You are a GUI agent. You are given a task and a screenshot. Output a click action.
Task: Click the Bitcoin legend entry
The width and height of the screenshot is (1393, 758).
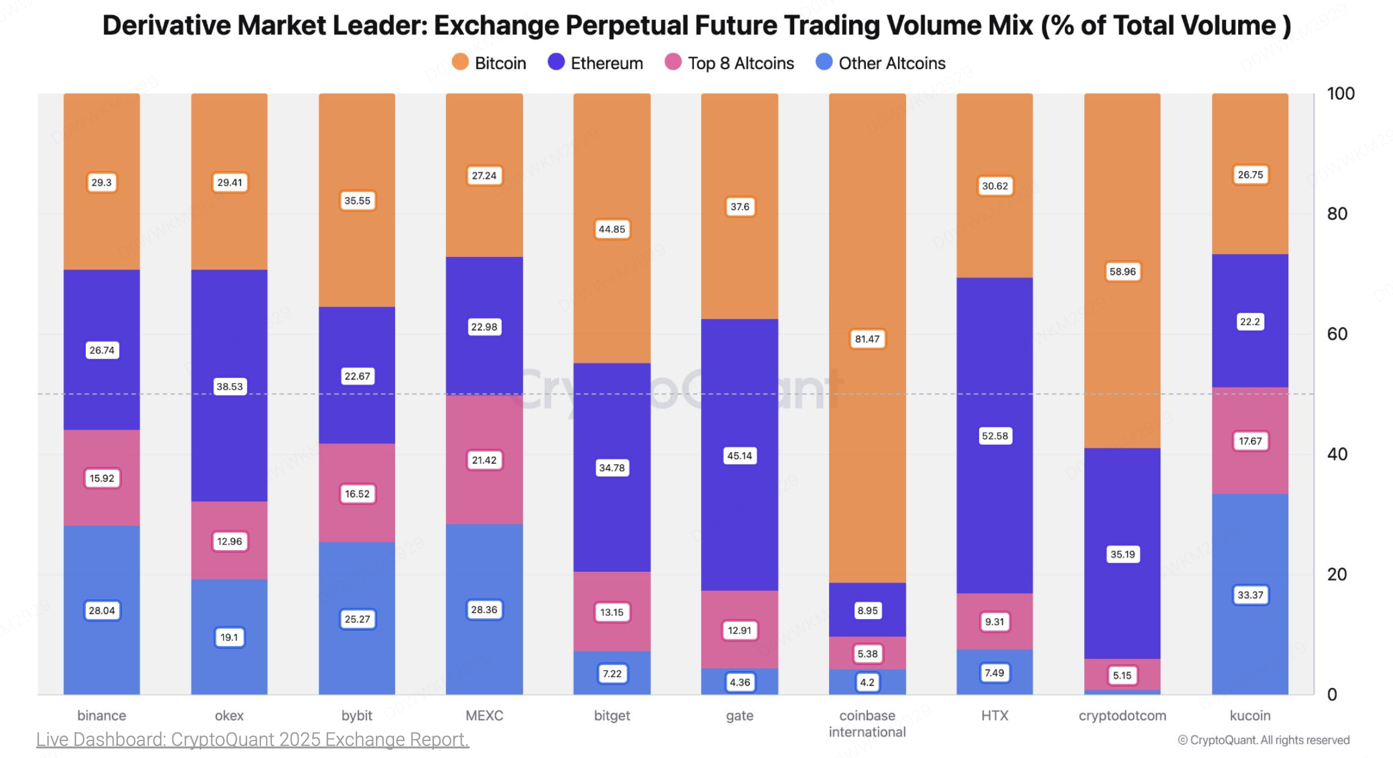coord(490,63)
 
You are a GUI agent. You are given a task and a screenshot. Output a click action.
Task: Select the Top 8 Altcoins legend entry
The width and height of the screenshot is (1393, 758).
coord(729,63)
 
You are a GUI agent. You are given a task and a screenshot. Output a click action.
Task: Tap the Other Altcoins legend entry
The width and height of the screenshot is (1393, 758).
coord(881,63)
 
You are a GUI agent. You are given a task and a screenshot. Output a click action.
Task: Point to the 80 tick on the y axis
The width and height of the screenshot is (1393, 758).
coord(1337,213)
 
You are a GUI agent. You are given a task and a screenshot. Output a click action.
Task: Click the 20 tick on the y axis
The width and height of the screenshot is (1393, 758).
coord(1337,574)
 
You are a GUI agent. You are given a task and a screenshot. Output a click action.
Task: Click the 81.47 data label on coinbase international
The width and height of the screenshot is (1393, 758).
coord(867,339)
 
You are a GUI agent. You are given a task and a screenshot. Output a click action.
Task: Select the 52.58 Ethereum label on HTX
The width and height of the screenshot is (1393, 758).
coord(995,436)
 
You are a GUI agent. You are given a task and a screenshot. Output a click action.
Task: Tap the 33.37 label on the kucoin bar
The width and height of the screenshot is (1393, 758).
coord(1250,595)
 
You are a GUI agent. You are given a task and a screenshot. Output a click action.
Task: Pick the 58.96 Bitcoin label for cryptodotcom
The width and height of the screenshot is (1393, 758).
coord(1122,271)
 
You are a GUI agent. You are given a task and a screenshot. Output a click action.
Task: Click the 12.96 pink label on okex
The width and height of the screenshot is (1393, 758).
coord(229,541)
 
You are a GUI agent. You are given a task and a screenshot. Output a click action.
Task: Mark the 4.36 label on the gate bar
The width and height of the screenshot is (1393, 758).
coord(740,682)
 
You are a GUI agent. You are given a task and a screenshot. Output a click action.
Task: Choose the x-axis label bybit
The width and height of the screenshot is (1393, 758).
coord(357,716)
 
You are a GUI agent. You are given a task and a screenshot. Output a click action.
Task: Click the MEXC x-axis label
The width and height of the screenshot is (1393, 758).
coord(484,716)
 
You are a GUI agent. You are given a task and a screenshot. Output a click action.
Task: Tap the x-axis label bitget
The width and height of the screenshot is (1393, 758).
coord(612,716)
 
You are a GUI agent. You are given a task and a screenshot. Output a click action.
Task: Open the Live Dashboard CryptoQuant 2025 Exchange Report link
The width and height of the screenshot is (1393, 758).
coord(253,739)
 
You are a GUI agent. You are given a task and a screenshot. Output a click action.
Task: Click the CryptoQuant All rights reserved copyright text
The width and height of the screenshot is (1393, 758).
coord(1264,740)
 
